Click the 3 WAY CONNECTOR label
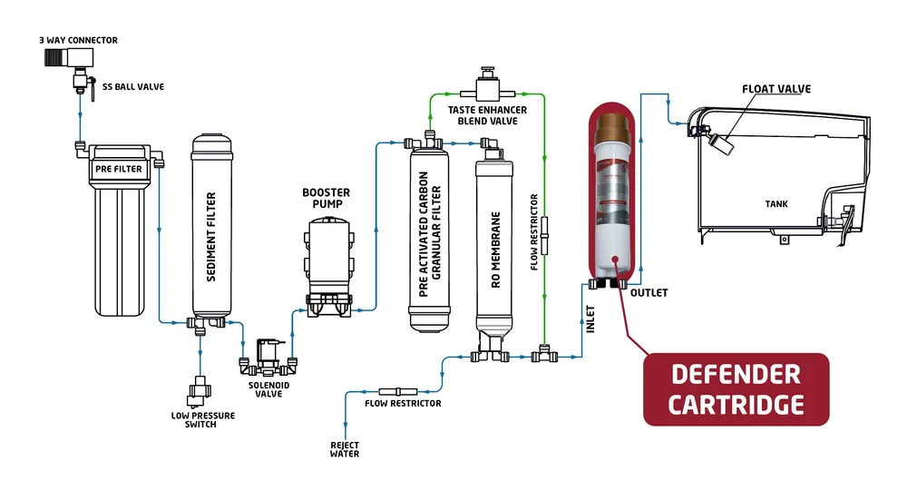pos(78,41)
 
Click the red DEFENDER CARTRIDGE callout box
pos(736,388)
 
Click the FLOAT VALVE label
pos(775,89)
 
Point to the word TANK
pos(775,204)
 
